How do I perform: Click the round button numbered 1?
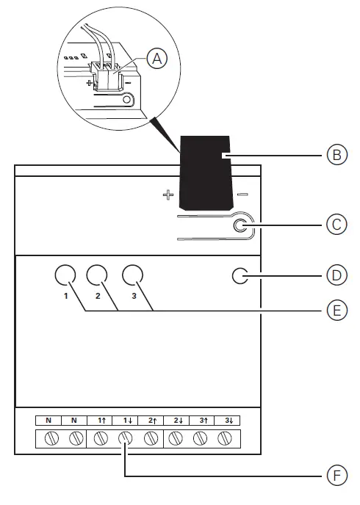click(65, 276)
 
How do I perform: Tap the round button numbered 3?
click(132, 276)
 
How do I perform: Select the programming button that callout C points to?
click(240, 227)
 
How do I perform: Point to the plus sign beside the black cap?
click(167, 195)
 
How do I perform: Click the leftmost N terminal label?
click(48, 421)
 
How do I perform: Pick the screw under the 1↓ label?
click(126, 439)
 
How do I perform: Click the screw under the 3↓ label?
click(226, 439)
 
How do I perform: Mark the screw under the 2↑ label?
click(151, 439)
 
